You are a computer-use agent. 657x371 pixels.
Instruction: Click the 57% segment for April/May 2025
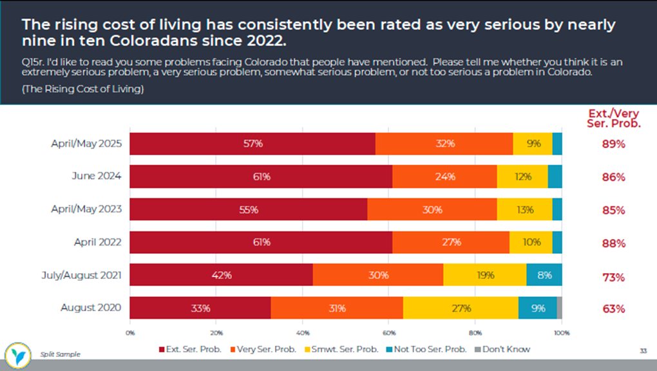pos(252,144)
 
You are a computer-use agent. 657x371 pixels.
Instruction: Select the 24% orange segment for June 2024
pos(444,176)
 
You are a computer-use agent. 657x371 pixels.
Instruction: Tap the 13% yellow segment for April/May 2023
pos(524,210)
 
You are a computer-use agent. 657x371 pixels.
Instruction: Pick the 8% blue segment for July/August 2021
pos(544,275)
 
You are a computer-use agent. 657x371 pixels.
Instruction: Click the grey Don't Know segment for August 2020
pos(559,308)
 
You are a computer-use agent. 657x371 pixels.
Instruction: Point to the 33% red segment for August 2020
pos(200,308)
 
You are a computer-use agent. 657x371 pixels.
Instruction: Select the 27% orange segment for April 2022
pos(450,243)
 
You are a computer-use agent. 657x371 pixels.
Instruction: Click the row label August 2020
pos(91,308)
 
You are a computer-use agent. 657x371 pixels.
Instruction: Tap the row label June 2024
pos(97,176)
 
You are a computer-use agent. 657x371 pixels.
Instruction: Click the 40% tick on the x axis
pos(302,333)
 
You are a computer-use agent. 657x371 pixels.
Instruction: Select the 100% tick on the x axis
pos(561,333)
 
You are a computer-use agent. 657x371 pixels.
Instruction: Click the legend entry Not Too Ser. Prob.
pos(429,349)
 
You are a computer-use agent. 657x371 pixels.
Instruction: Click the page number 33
pos(643,351)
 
